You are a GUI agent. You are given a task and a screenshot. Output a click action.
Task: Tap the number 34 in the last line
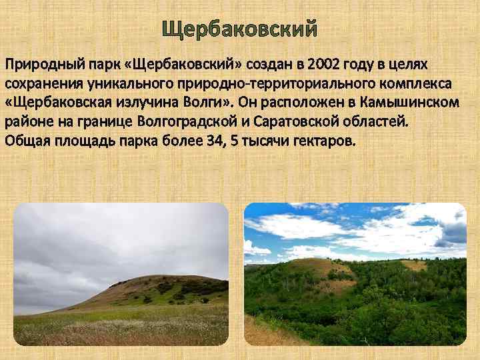coord(232,141)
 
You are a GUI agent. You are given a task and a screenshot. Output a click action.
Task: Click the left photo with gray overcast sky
coord(121,273)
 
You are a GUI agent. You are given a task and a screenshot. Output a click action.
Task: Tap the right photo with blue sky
coord(355,273)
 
